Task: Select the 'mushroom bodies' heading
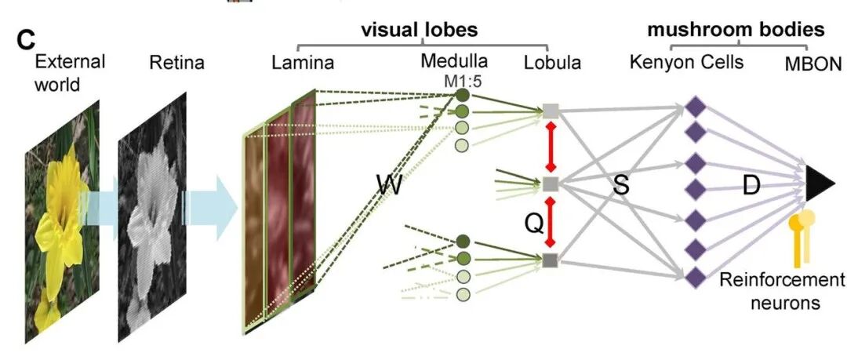click(735, 30)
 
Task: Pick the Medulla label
click(454, 61)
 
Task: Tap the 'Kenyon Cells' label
click(686, 61)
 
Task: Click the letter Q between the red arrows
click(533, 224)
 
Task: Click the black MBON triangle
click(820, 185)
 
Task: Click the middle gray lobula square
click(551, 184)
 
